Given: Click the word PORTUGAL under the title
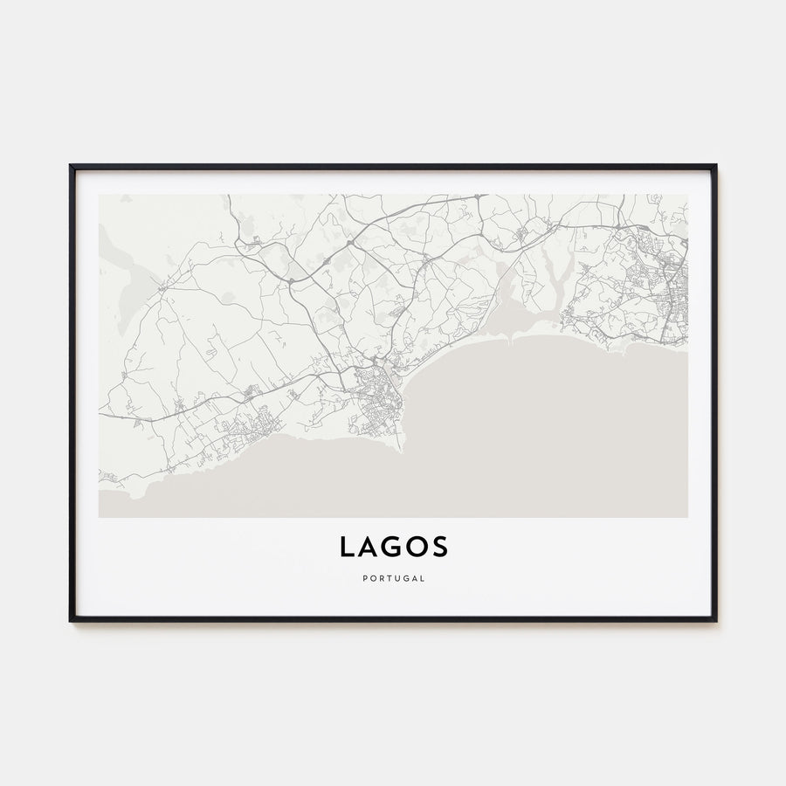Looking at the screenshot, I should [x=393, y=577].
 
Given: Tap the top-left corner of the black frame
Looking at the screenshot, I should [x=71, y=166].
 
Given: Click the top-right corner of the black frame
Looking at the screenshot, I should [x=715, y=166].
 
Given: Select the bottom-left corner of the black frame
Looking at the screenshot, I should [x=71, y=620].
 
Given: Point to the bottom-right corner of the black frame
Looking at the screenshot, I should [x=715, y=620].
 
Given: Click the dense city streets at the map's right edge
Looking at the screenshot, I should [x=668, y=297].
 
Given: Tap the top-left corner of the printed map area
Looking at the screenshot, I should [x=100, y=195].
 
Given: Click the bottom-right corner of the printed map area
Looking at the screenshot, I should [x=686, y=517].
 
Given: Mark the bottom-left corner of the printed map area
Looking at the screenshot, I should [x=100, y=517].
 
